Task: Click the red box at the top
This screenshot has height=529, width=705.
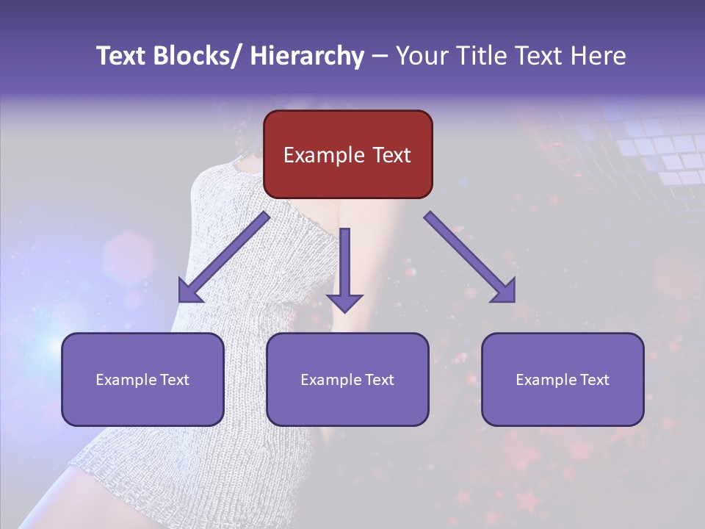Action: point(347,154)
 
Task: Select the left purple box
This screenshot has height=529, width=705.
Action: point(142,379)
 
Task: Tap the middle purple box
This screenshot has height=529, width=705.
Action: point(347,379)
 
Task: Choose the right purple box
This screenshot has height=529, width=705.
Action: point(563,379)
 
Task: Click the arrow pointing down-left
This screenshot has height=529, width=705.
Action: point(223,258)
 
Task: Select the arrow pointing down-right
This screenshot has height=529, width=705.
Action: point(470,257)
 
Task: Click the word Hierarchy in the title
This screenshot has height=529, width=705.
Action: point(307,57)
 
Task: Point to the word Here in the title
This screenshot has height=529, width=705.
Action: point(599,57)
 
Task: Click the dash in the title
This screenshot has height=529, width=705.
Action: point(380,57)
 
